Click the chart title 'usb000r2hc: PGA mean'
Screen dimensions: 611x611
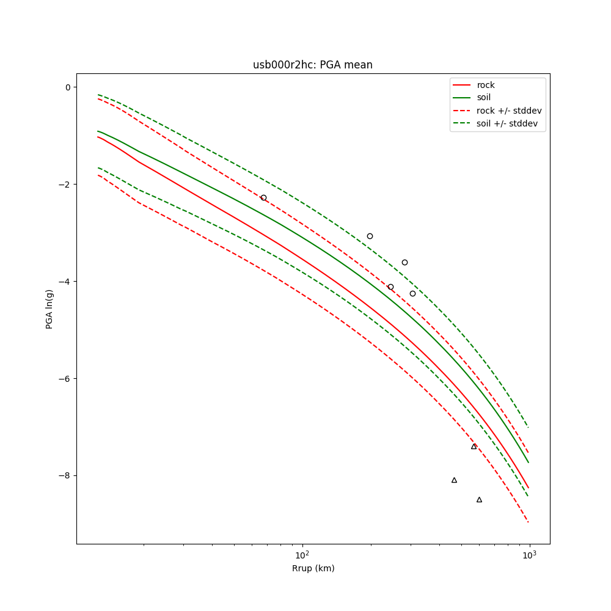pyautogui.click(x=312, y=65)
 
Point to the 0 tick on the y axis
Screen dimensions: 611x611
pyautogui.click(x=68, y=87)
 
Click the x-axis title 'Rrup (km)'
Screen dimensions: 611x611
pyautogui.click(x=313, y=568)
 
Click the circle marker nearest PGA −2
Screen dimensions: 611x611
pyautogui.click(x=263, y=197)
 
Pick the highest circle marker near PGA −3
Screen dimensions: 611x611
pyautogui.click(x=370, y=236)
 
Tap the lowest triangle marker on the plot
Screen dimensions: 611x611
pyautogui.click(x=479, y=500)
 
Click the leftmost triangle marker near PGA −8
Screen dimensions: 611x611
pyautogui.click(x=454, y=480)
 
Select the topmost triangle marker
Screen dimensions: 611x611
pyautogui.click(x=474, y=447)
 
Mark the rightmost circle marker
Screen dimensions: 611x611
pyautogui.click(x=412, y=293)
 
